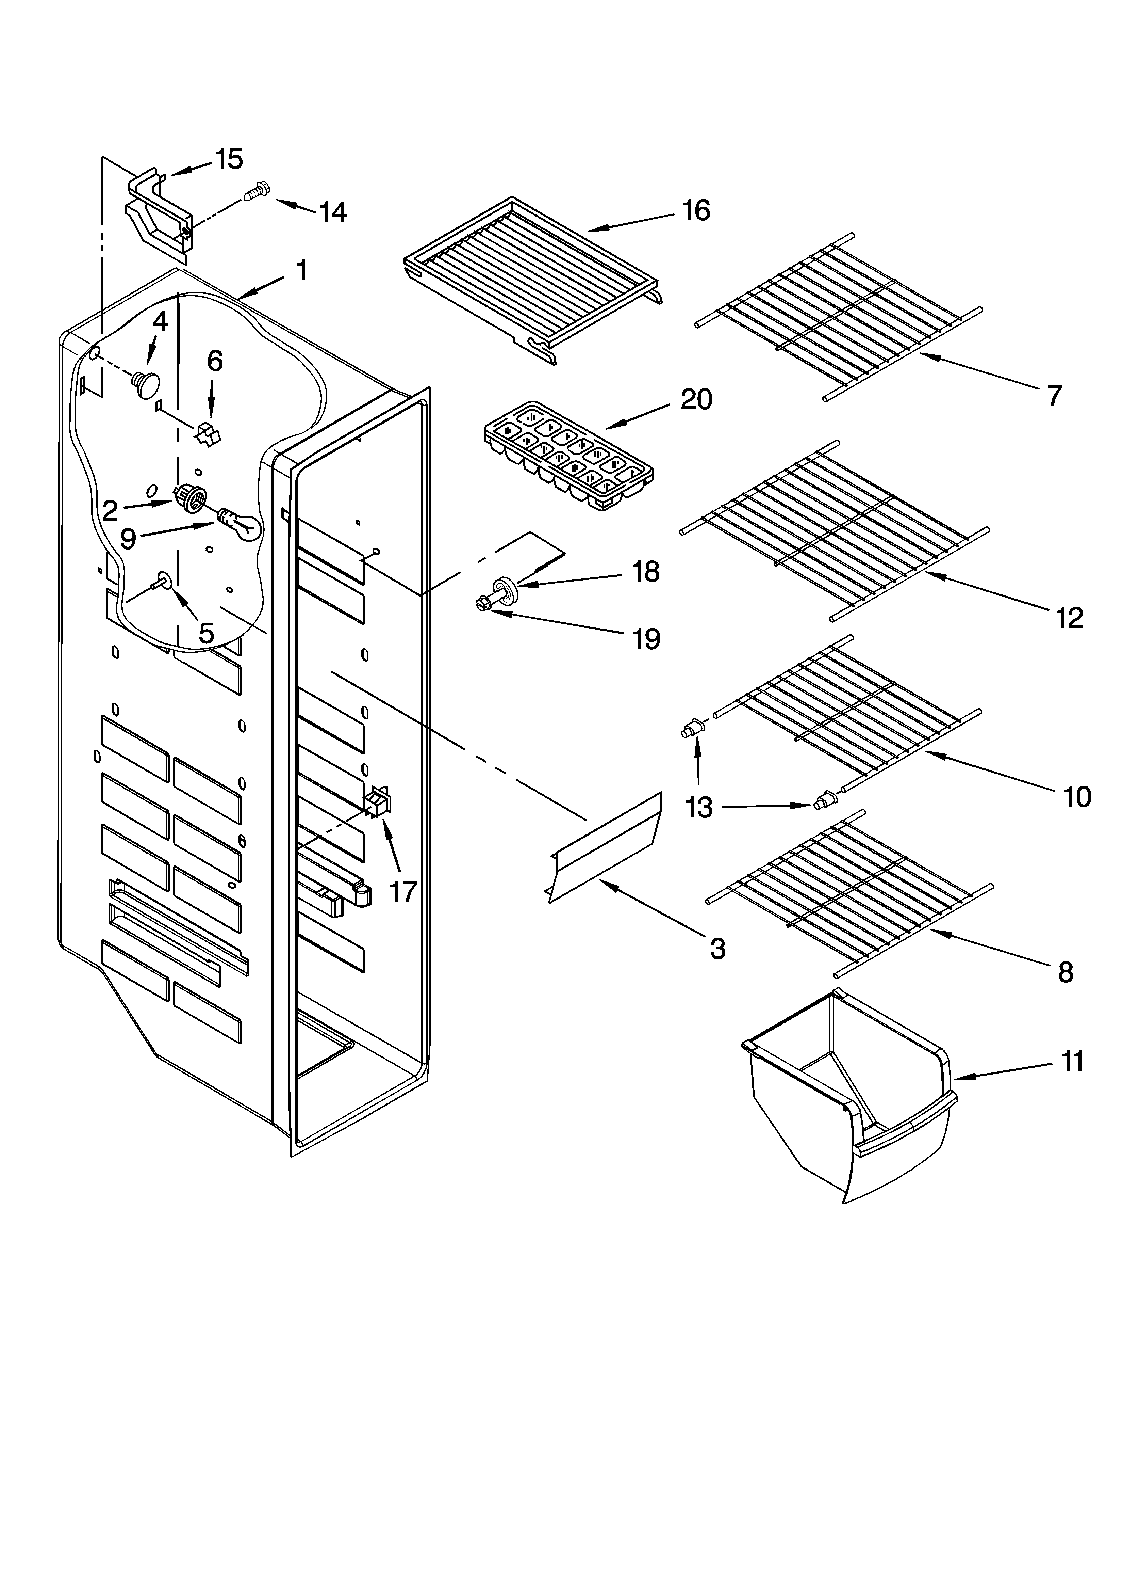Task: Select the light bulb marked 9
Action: pyautogui.click(x=239, y=525)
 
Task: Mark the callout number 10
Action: pyautogui.click(x=1077, y=797)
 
